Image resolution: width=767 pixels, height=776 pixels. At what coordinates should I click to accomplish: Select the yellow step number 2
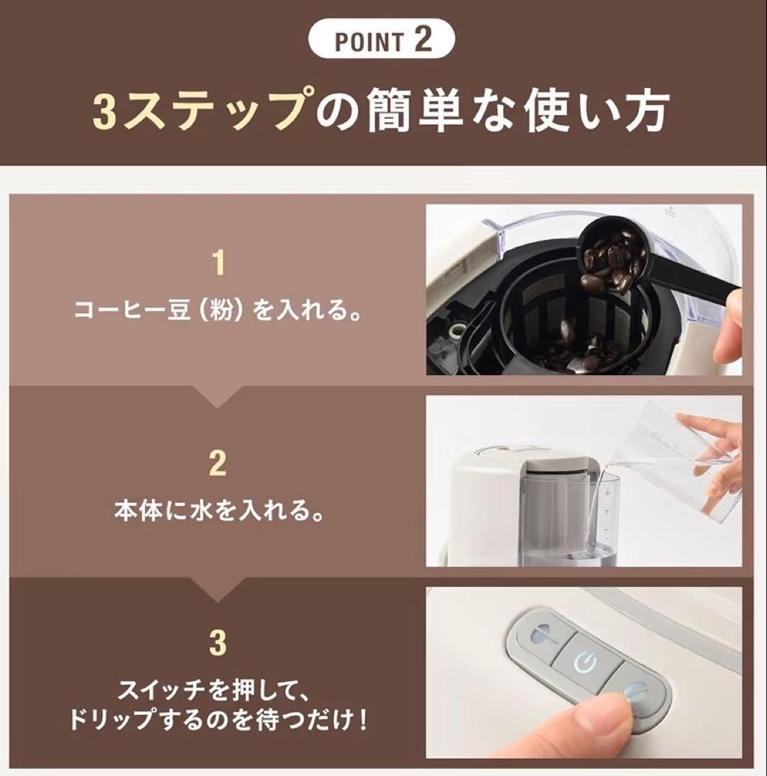(x=219, y=463)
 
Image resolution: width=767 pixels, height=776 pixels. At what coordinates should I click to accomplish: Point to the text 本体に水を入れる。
(x=219, y=512)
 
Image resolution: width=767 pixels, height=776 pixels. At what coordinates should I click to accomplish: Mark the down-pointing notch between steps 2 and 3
(x=219, y=590)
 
